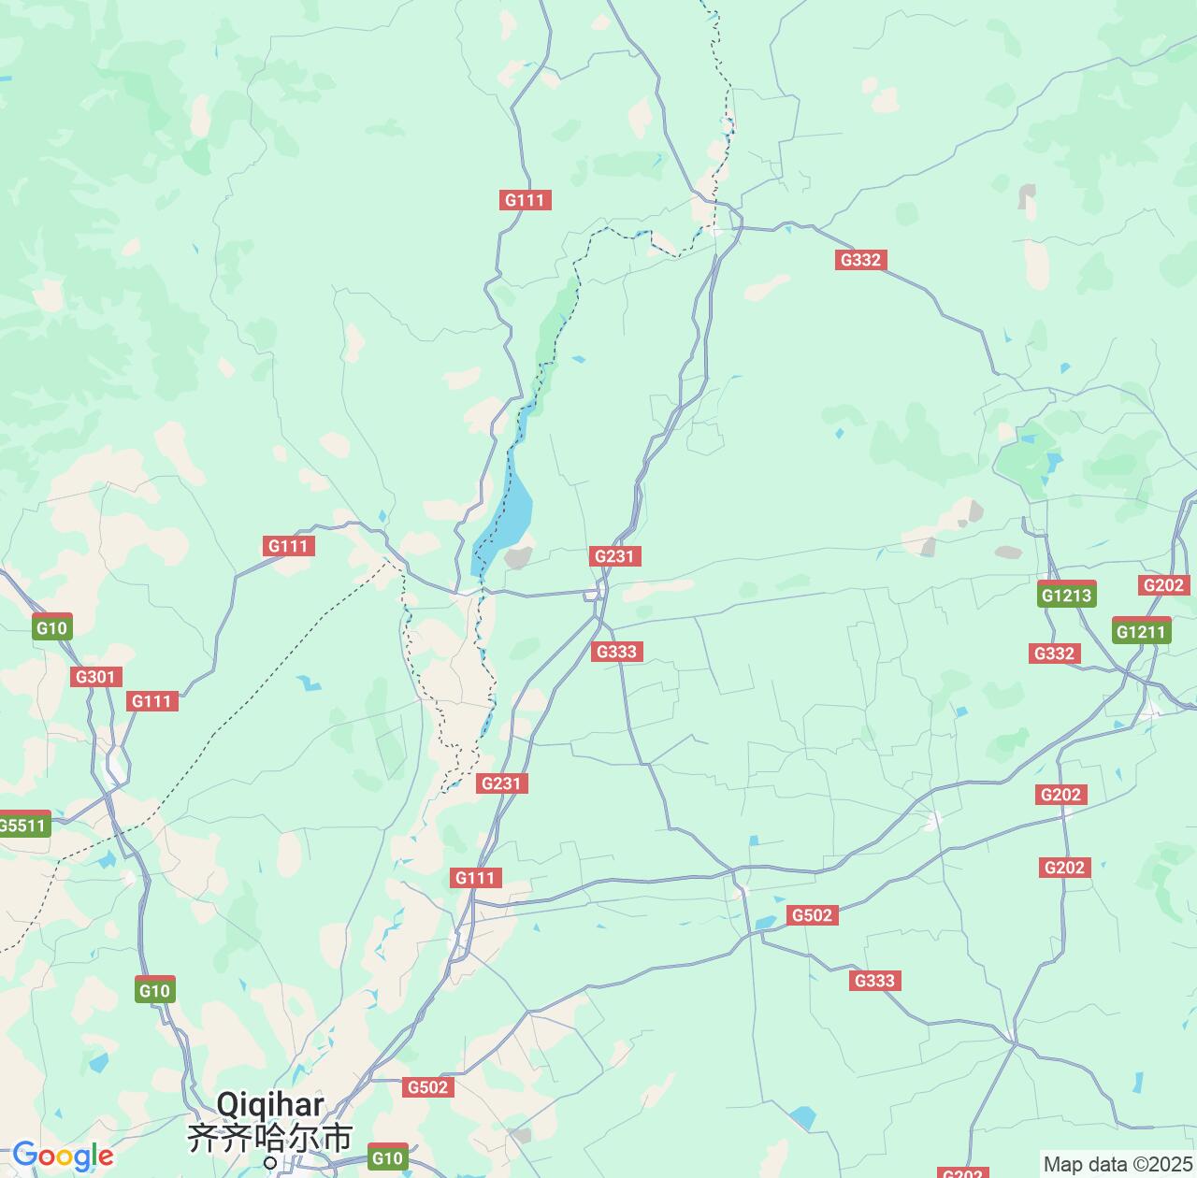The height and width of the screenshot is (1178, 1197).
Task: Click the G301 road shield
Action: [x=95, y=677]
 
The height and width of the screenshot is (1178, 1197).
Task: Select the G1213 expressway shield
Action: [x=1066, y=595]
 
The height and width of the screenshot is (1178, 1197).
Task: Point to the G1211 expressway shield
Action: [x=1141, y=631]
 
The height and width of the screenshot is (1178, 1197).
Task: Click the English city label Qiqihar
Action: [x=270, y=1104]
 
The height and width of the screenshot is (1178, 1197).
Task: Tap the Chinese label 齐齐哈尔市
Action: [x=270, y=1137]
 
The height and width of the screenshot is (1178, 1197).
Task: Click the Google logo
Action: [x=63, y=1156]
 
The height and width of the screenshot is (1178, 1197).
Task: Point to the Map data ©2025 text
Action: [x=1117, y=1164]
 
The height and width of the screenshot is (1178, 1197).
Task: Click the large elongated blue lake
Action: [x=504, y=513]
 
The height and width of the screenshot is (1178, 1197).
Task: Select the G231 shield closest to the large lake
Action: [x=614, y=556]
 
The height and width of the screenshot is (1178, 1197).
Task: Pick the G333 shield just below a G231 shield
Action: [x=617, y=652]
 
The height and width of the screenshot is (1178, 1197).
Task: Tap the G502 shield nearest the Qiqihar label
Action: [x=428, y=1087]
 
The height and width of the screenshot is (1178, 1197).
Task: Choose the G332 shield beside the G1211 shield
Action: [x=1054, y=654]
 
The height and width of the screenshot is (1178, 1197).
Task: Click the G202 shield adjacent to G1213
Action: [x=1163, y=585]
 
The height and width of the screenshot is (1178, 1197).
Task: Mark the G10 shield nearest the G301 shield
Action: [x=51, y=628]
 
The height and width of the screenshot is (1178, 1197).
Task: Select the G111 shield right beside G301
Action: [x=151, y=701]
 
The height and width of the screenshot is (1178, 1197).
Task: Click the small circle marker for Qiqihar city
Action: [x=270, y=1163]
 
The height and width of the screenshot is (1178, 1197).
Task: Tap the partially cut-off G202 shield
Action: [x=962, y=1172]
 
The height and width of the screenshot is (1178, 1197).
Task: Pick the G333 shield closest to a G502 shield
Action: [x=874, y=980]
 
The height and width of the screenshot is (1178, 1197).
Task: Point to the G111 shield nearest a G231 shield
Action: [x=475, y=877]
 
